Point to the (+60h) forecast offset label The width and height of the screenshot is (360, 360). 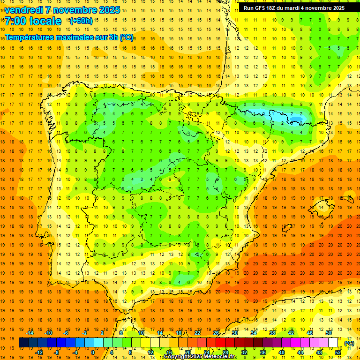81,21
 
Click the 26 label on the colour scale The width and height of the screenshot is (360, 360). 216,333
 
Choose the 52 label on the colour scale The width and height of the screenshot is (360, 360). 338,352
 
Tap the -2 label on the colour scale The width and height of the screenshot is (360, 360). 85,333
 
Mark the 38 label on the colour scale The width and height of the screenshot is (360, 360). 272,333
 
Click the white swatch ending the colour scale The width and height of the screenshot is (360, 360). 333,343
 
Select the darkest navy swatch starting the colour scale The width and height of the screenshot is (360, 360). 23,343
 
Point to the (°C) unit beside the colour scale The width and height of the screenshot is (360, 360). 349,343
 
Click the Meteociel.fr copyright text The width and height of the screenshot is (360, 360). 200,357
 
